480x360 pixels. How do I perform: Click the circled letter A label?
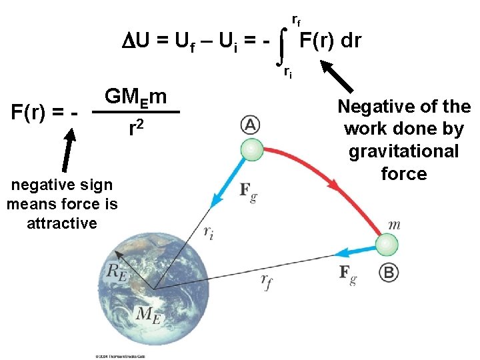[249, 125]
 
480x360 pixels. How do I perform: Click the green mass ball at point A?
[251, 151]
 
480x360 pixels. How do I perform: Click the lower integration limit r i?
[287, 72]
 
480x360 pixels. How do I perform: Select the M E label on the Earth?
[149, 314]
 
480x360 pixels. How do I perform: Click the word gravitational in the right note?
[403, 151]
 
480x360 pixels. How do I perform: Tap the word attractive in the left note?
[62, 223]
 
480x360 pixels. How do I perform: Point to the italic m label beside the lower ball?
[394, 225]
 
